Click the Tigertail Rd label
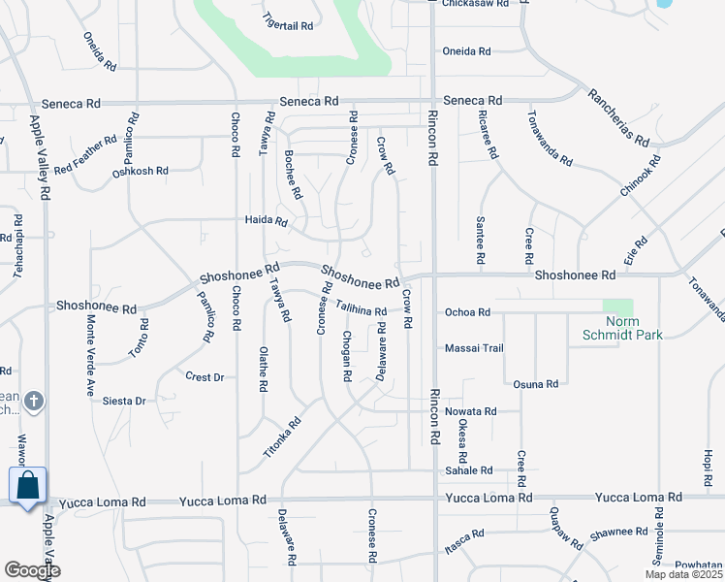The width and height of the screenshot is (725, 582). coord(289,21)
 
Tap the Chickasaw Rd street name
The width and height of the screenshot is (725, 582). coord(476,4)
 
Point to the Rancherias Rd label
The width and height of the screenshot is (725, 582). coord(617,116)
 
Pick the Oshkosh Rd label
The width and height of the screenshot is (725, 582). coord(141,171)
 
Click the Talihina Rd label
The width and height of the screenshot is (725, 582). coord(362,307)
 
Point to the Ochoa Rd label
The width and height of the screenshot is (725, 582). coord(467,312)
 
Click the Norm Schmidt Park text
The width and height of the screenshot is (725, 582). coord(634,328)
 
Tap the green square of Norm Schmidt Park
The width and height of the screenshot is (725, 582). coord(617,307)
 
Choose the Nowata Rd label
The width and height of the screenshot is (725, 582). coord(470,411)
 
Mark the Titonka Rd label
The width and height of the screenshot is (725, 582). coord(282,438)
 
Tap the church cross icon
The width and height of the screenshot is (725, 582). coord(33,401)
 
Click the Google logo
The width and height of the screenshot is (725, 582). coord(32,570)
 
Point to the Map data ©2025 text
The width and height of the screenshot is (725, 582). coord(683,574)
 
